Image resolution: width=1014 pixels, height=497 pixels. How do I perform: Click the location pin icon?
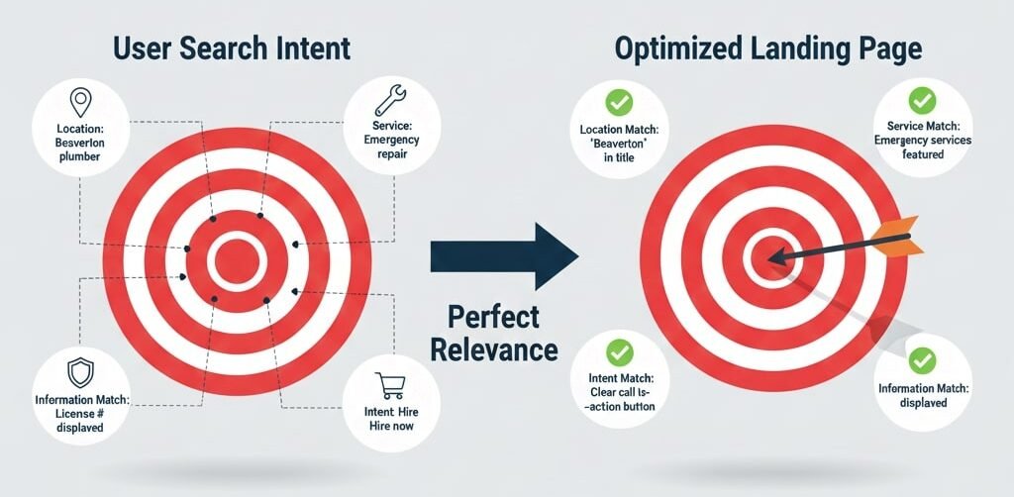click(78, 101)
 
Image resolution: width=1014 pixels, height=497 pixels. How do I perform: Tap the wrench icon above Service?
click(386, 99)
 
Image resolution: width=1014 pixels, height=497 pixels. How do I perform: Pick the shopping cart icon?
click(389, 384)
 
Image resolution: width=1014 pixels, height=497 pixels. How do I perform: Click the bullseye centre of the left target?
click(238, 260)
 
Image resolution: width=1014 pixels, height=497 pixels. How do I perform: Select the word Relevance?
click(502, 349)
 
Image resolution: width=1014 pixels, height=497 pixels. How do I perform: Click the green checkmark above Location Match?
click(619, 102)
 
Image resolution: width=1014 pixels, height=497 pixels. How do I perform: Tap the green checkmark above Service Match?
click(923, 99)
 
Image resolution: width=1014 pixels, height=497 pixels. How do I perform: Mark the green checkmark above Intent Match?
click(620, 350)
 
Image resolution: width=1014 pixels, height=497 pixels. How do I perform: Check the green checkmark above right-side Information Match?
click(923, 359)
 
